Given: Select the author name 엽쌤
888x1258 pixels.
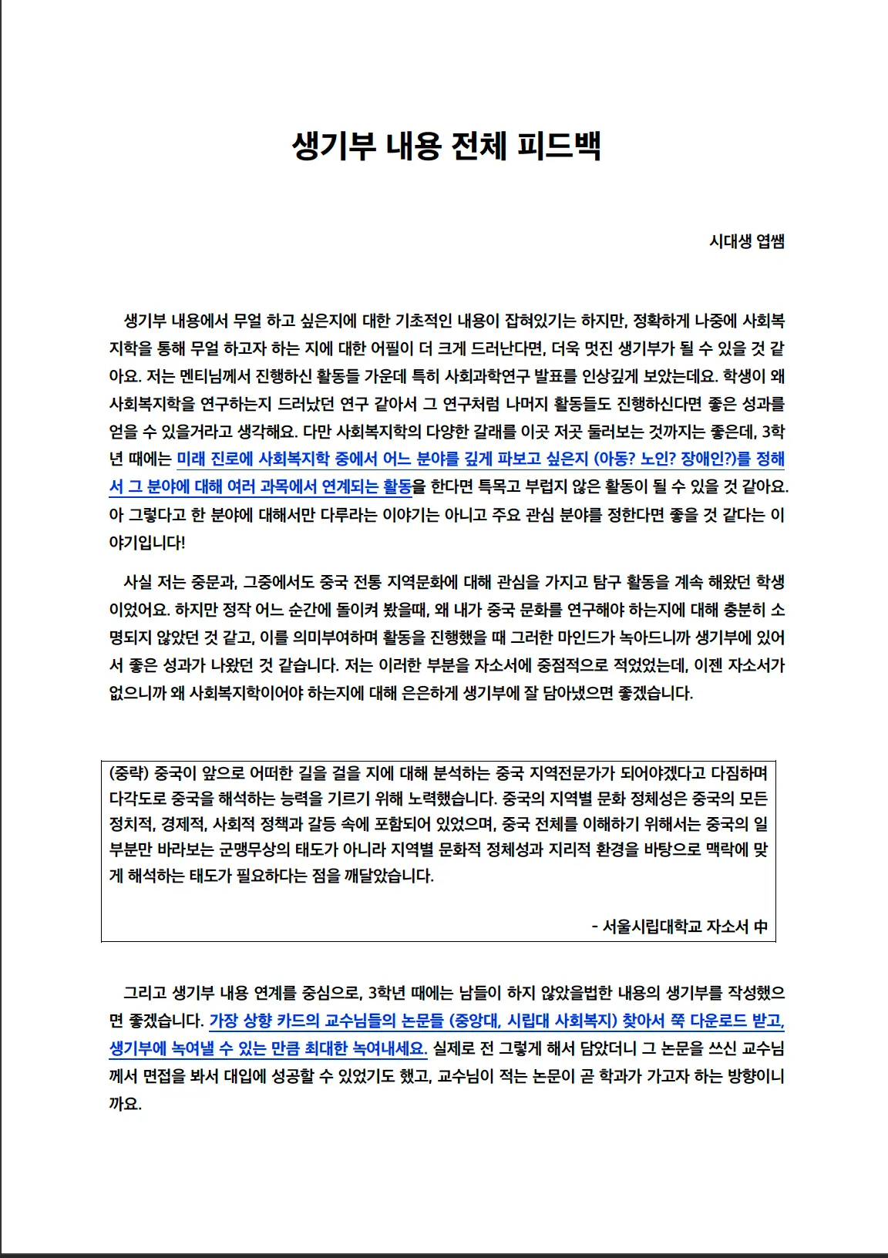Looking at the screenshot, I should (x=770, y=241).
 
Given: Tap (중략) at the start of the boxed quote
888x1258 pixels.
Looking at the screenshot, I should (x=129, y=773).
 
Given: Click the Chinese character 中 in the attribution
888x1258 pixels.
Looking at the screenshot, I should (x=760, y=927).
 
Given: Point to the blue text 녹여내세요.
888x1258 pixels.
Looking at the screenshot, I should (x=389, y=1048).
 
